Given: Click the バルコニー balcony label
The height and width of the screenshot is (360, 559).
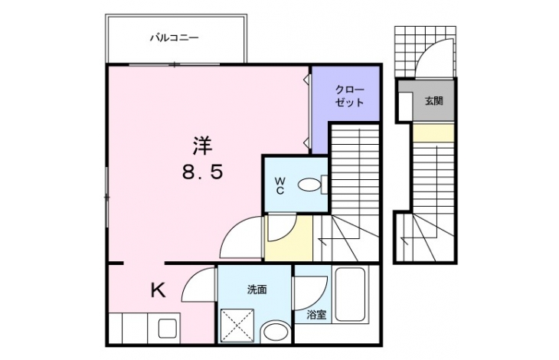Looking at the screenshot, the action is pyautogui.click(x=174, y=38).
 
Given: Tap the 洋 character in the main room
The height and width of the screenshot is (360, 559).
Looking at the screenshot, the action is pyautogui.click(x=202, y=146).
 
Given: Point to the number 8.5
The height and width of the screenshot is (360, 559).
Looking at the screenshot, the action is pyautogui.click(x=202, y=172).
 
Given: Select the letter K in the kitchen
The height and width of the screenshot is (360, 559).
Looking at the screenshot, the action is pyautogui.click(x=158, y=290).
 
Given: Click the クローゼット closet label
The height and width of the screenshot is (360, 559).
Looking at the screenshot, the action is pyautogui.click(x=349, y=97).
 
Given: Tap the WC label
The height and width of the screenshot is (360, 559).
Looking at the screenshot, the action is pyautogui.click(x=279, y=186).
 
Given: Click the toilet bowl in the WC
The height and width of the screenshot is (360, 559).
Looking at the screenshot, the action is pyautogui.click(x=309, y=185).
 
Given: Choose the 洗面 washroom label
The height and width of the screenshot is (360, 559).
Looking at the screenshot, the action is pyautogui.click(x=257, y=290).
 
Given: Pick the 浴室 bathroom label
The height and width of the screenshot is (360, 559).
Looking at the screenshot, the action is pyautogui.click(x=316, y=315).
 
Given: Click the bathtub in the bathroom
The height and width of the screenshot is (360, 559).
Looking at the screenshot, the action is pyautogui.click(x=350, y=294).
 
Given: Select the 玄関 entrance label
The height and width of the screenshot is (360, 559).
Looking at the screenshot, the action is pyautogui.click(x=433, y=101).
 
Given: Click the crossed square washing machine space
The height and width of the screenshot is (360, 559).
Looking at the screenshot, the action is pyautogui.click(x=237, y=326).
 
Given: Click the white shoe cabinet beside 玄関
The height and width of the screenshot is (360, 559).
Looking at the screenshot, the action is pyautogui.click(x=405, y=106).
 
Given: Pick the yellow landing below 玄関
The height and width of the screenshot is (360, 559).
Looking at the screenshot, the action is pyautogui.click(x=433, y=133).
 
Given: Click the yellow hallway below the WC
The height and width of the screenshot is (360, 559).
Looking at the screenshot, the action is pyautogui.click(x=289, y=237).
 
